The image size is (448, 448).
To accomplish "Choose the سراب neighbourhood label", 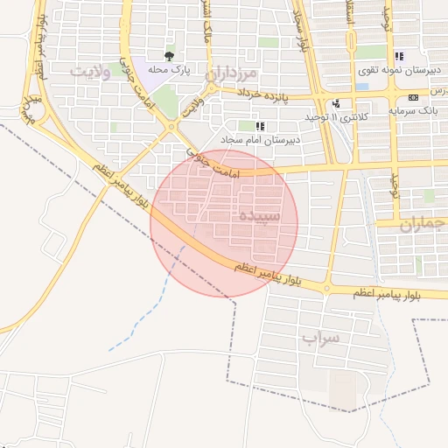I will (319, 337).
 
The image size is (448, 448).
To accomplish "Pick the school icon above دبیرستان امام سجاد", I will (260, 126).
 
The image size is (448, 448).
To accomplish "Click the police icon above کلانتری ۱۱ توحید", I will (336, 103).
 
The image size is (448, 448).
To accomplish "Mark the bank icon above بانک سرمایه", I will (413, 96).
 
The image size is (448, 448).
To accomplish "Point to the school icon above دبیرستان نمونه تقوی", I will (399, 56).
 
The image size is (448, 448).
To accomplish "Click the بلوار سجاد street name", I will (302, 31).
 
